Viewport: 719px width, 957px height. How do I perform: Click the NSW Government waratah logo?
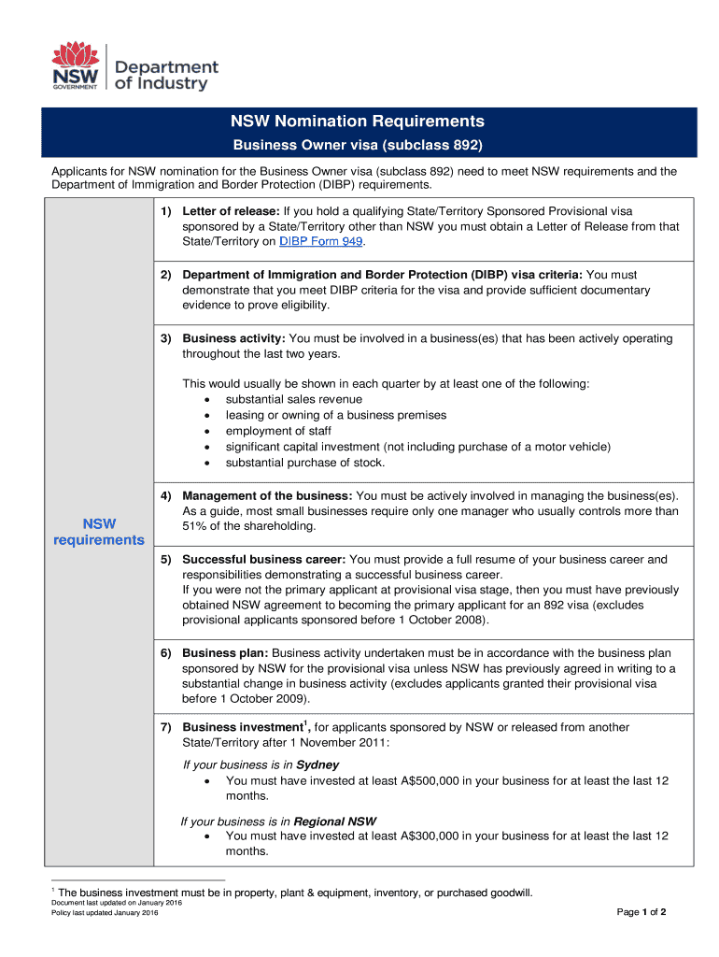point(76,65)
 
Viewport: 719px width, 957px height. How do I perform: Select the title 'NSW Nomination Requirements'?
point(359,121)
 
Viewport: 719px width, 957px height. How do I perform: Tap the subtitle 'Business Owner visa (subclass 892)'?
point(358,146)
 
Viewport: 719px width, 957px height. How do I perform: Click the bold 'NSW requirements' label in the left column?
point(99,531)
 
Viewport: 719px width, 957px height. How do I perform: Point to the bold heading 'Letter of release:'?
point(231,211)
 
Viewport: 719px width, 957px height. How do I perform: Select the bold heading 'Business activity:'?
point(233,338)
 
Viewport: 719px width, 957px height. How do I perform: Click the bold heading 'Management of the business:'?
point(267,495)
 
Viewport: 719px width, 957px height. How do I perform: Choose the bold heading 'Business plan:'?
point(225,653)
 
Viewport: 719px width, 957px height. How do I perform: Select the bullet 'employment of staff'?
point(278,431)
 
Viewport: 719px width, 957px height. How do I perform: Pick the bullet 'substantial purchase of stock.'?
point(305,463)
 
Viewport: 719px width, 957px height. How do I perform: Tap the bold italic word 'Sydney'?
point(317,764)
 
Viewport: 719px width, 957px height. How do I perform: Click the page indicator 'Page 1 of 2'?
point(641,912)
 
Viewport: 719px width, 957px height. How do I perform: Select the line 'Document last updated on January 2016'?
point(117,904)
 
